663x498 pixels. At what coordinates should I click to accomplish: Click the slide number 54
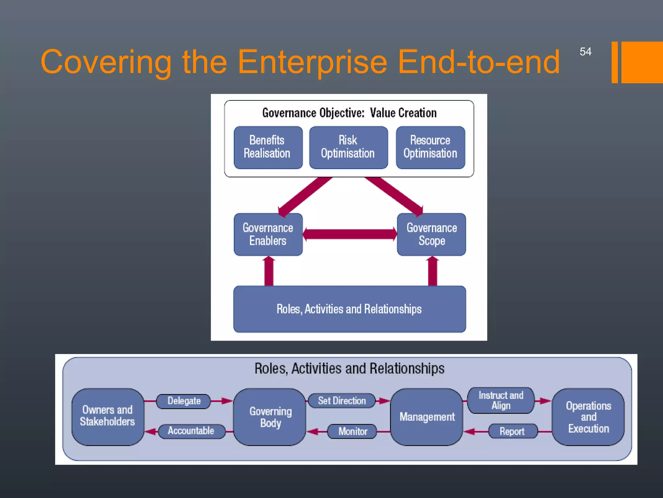(585, 52)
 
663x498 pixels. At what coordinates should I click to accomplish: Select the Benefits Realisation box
(268, 148)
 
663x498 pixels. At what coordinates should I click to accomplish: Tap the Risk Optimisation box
(348, 148)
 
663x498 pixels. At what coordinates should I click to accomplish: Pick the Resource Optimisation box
(430, 148)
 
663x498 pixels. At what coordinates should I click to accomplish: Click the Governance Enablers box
(268, 234)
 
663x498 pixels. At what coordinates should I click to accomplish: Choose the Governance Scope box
(432, 234)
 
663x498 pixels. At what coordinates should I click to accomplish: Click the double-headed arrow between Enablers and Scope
(350, 234)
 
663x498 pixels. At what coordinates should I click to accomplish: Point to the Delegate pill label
(184, 401)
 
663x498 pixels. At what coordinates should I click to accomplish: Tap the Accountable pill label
(191, 431)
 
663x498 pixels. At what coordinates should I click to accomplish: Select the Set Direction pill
(342, 401)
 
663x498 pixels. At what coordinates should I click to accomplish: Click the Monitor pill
(353, 432)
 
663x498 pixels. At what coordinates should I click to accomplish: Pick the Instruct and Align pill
(501, 400)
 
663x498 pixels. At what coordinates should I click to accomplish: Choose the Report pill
(512, 432)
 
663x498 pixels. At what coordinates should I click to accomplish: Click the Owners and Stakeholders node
(107, 416)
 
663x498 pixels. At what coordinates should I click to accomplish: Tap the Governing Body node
(270, 417)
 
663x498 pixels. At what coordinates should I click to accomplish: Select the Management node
(427, 417)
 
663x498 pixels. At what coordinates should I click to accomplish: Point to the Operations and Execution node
(588, 417)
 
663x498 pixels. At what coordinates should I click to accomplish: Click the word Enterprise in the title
(312, 62)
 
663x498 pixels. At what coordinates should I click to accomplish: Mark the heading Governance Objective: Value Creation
(349, 113)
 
